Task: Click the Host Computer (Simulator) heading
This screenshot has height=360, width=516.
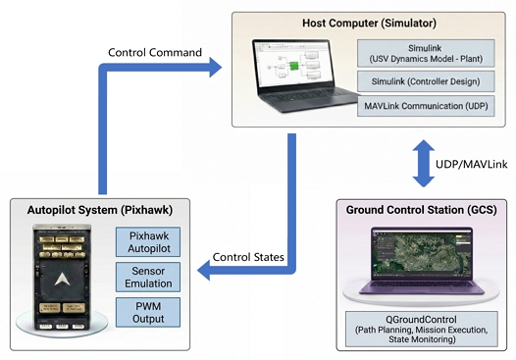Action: coord(369,23)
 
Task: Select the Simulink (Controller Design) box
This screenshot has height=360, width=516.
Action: coord(426,81)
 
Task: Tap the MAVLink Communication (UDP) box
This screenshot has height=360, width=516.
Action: coord(426,106)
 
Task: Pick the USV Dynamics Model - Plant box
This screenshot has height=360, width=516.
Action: coord(426,53)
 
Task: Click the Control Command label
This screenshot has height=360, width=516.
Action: coord(155,52)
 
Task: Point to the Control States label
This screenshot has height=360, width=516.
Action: coord(248,257)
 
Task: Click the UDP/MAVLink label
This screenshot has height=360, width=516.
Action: coord(471,164)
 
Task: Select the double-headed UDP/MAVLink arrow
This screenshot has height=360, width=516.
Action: coord(424,164)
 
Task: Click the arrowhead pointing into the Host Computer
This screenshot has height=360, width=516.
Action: coord(215,68)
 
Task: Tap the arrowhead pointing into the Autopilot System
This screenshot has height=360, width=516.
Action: coord(204,271)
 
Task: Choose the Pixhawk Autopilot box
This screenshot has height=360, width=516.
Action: coord(148,242)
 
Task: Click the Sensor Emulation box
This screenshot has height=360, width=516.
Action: coord(148,277)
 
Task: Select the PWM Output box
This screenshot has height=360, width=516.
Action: coord(148,312)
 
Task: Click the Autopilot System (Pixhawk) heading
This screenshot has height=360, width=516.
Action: coord(100,210)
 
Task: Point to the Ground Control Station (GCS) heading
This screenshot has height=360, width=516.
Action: coord(421,210)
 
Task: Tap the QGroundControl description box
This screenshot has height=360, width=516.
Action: coord(422,329)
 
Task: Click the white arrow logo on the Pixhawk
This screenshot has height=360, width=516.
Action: coord(62,280)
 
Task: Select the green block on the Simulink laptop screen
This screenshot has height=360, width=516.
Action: coord(294,66)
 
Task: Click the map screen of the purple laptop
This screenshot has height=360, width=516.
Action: coord(422,254)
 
